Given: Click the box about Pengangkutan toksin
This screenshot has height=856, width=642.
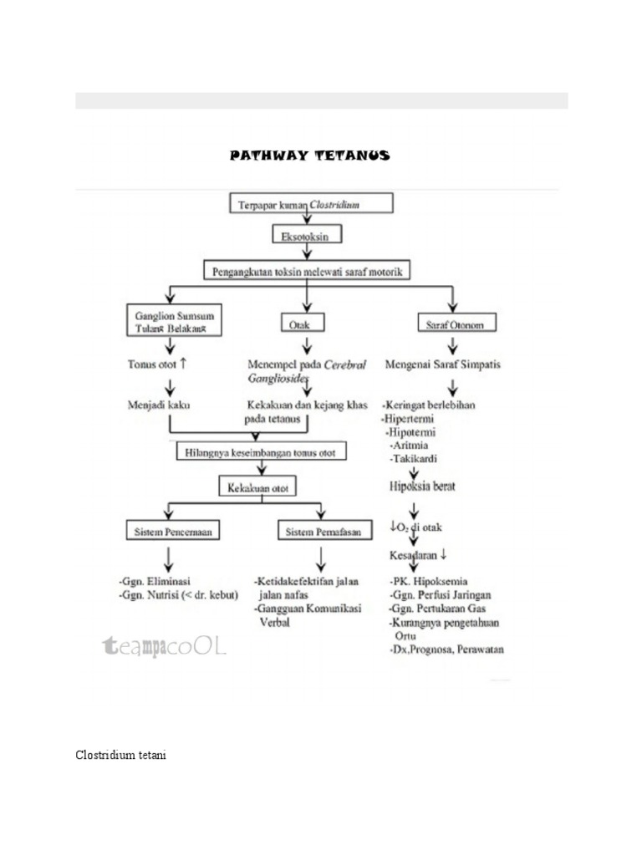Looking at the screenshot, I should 310,271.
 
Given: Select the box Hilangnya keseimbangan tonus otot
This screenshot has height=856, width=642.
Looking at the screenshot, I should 262,452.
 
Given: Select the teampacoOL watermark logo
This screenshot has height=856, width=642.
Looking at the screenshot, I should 163,645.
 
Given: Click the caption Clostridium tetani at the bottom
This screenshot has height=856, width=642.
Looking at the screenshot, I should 121,756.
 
